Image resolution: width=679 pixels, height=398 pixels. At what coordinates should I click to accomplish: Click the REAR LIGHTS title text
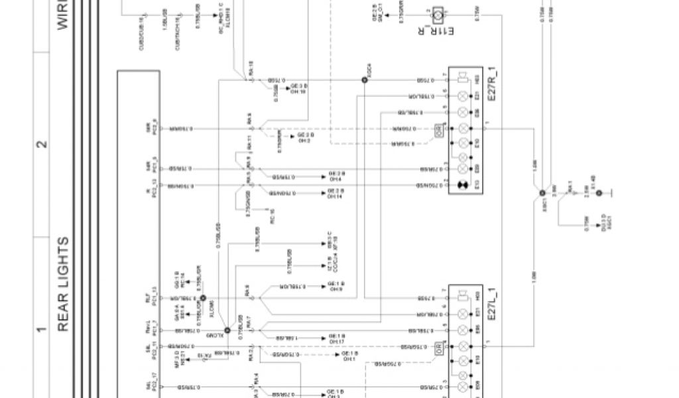(x=64, y=284)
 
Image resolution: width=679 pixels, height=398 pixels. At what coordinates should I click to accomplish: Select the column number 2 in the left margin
(x=42, y=144)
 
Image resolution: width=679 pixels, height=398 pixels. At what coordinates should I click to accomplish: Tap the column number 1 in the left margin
(x=42, y=329)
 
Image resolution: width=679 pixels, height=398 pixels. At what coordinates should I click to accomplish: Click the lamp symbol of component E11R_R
(x=439, y=11)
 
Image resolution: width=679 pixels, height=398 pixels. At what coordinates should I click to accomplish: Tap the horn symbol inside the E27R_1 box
(x=463, y=80)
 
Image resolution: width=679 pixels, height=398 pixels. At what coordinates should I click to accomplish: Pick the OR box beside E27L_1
(x=438, y=347)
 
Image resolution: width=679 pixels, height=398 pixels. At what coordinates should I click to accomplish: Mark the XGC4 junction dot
(x=364, y=80)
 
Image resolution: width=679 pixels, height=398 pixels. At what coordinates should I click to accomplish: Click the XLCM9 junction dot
(x=227, y=330)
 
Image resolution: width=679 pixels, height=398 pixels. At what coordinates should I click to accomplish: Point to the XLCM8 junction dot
(x=204, y=298)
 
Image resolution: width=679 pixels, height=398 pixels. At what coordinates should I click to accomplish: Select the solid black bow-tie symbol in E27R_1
(x=463, y=182)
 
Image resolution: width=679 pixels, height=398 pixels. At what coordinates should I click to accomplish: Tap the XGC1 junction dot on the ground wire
(x=542, y=192)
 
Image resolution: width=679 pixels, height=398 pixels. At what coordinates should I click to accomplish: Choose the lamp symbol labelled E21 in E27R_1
(x=463, y=97)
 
